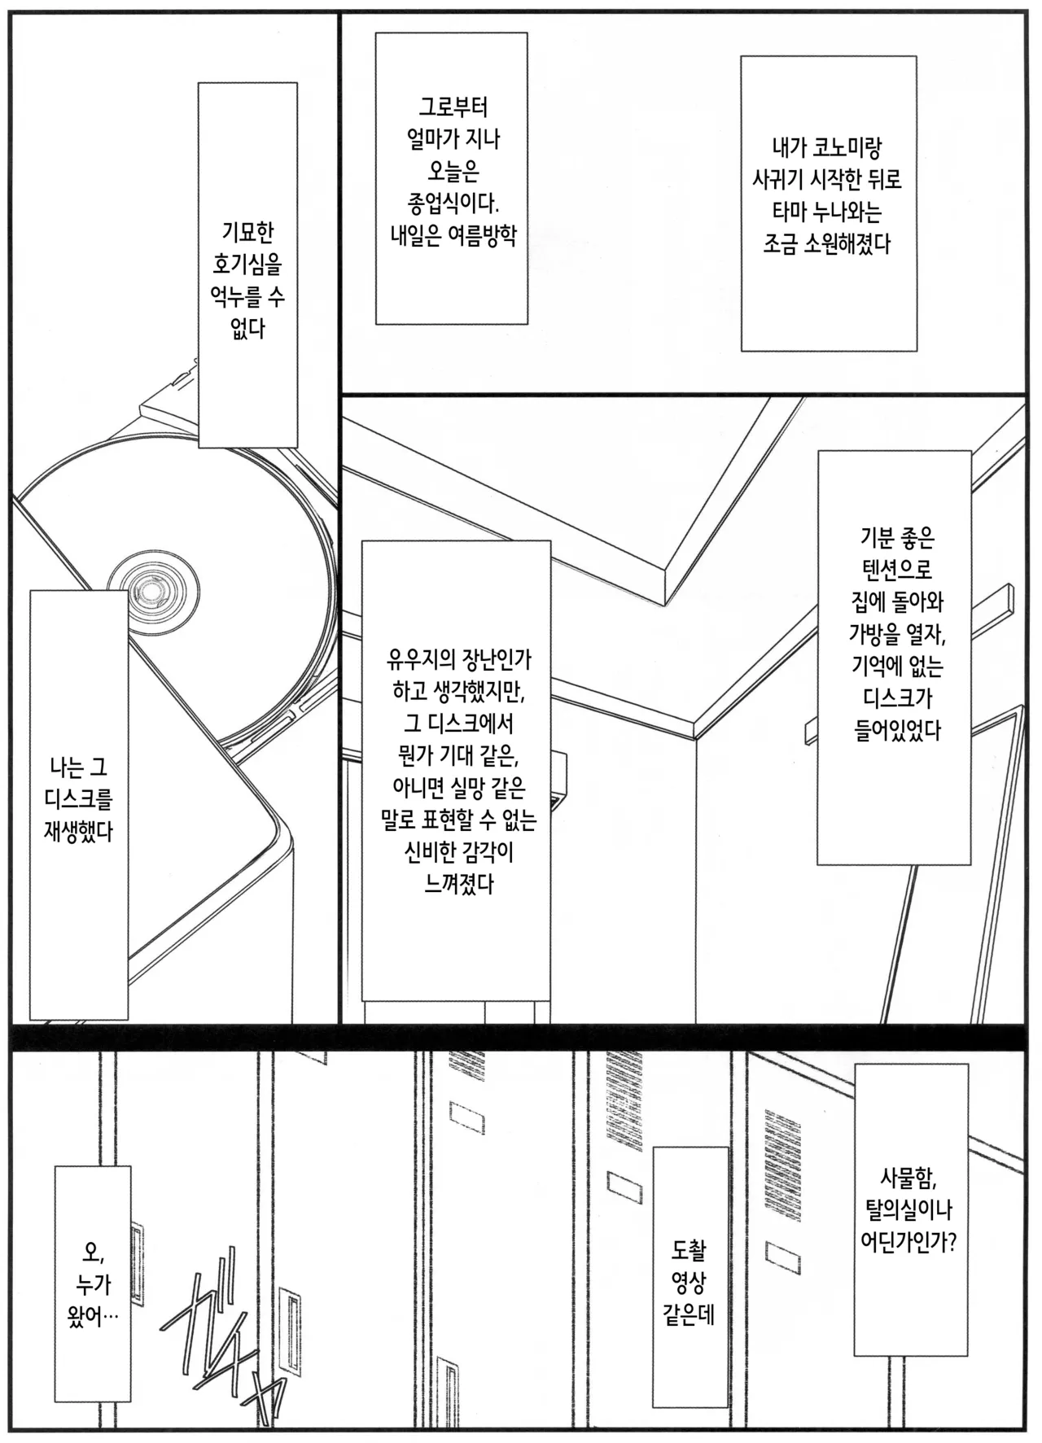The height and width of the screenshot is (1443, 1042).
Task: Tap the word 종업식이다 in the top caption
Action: [453, 203]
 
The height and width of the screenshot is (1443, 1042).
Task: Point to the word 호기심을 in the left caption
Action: [247, 265]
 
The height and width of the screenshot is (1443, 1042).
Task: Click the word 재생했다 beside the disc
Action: [78, 831]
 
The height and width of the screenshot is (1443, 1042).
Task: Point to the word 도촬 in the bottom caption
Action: [689, 1250]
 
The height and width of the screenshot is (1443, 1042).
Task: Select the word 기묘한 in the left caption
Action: [247, 233]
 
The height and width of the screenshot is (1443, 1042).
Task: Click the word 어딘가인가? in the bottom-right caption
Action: [908, 1242]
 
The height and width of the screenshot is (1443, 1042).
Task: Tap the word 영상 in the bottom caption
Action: [689, 1283]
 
